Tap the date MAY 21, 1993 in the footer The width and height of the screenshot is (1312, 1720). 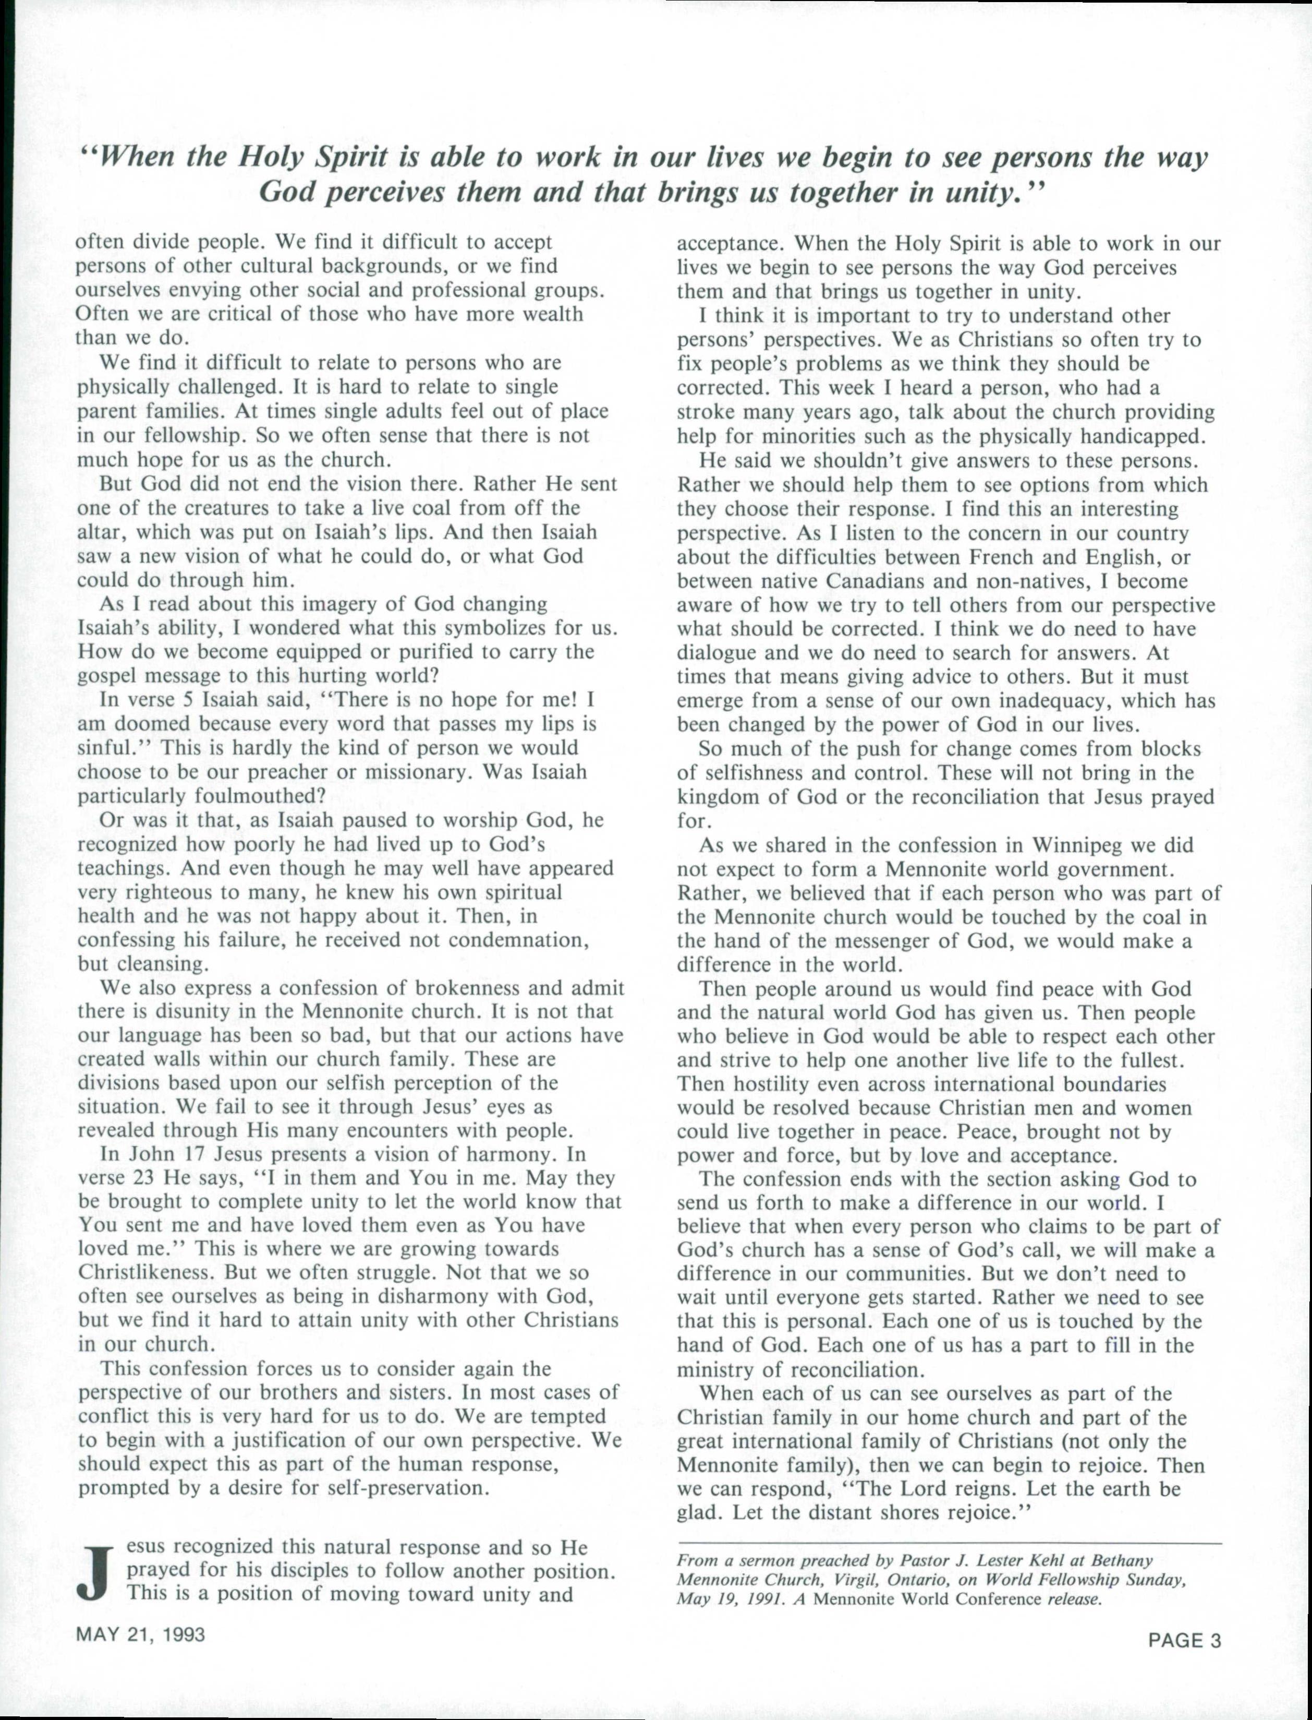coord(141,1633)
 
